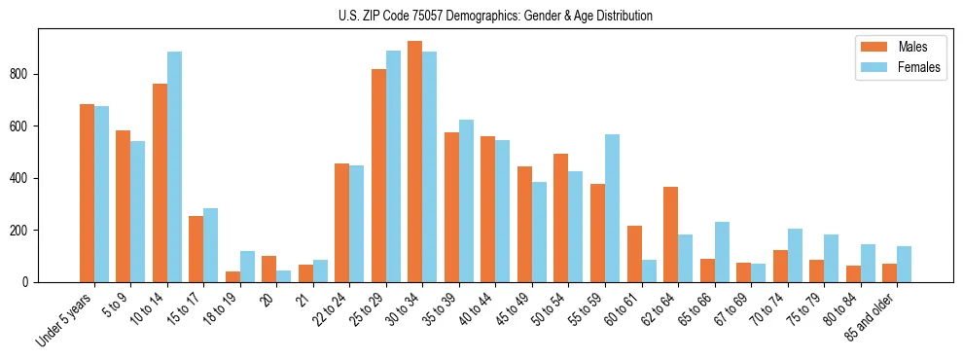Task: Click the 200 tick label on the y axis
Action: [25, 231]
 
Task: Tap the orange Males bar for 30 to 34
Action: [415, 162]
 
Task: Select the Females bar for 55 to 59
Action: [612, 208]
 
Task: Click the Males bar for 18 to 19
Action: [232, 276]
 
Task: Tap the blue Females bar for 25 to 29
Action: [393, 166]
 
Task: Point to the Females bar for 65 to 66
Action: [722, 252]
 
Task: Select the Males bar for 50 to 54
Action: [561, 218]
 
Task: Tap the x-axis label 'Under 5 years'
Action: [66, 317]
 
